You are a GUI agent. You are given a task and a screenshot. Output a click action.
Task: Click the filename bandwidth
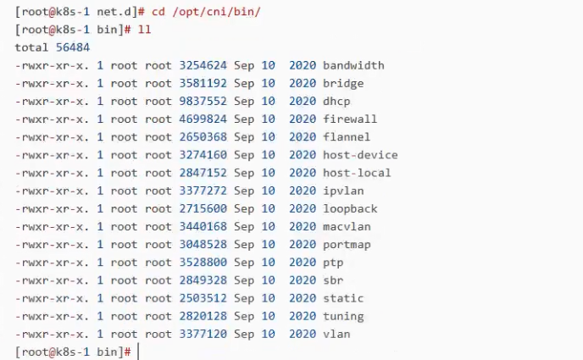pyautogui.click(x=353, y=65)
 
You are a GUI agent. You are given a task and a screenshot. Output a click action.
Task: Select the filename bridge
pyautogui.click(x=343, y=84)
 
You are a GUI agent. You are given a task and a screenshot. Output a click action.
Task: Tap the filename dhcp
pyautogui.click(x=336, y=102)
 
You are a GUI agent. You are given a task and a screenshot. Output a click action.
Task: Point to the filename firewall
pyautogui.click(x=350, y=119)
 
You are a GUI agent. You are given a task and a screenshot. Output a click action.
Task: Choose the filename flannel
pyautogui.click(x=347, y=136)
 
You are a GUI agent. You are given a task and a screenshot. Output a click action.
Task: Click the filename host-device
pyautogui.click(x=360, y=154)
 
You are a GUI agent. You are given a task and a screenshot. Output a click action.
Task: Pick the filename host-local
pyautogui.click(x=357, y=173)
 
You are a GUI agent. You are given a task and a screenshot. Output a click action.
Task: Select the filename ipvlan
pyautogui.click(x=343, y=191)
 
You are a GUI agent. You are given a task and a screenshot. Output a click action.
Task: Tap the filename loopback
pyautogui.click(x=350, y=208)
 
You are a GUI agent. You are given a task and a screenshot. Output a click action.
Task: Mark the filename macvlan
pyautogui.click(x=347, y=227)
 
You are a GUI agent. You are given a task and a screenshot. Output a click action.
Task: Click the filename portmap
pyautogui.click(x=347, y=245)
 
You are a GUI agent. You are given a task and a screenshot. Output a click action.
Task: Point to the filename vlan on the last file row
pyautogui.click(x=336, y=334)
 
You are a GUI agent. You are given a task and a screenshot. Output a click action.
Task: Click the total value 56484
pyautogui.click(x=73, y=47)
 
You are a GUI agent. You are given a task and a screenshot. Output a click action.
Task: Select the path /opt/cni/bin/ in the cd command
pyautogui.click(x=216, y=12)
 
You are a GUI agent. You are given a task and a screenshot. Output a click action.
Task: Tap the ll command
pyautogui.click(x=144, y=30)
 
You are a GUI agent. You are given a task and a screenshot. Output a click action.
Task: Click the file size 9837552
pyautogui.click(x=203, y=101)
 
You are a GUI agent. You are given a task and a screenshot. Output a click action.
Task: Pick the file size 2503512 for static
pyautogui.click(x=203, y=298)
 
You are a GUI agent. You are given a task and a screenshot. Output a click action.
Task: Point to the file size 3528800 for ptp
pyautogui.click(x=203, y=263)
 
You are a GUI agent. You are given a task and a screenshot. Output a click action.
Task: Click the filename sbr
pyautogui.click(x=333, y=280)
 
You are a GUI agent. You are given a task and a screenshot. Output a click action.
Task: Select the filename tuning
pyautogui.click(x=343, y=317)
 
